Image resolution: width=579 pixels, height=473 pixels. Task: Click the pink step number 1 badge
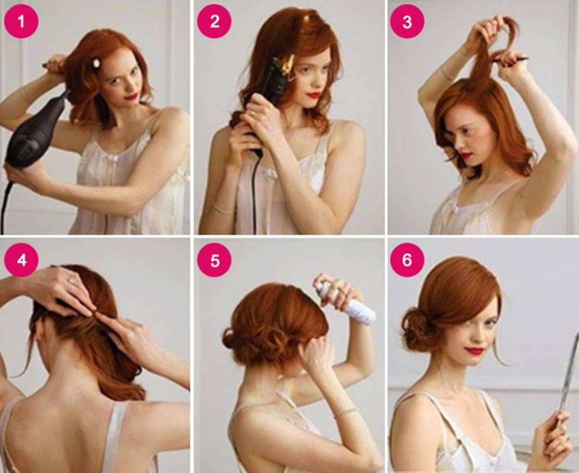pos(21,21)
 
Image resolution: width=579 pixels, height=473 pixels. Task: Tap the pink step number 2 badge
pos(215,21)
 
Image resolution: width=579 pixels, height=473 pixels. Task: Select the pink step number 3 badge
pos(407,21)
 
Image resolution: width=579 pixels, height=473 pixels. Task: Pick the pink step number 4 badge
pos(21,260)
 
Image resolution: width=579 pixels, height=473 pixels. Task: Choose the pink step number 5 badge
pos(215,260)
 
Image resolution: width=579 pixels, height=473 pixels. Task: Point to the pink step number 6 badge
pos(407,260)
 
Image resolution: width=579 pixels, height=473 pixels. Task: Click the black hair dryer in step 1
pos(35,132)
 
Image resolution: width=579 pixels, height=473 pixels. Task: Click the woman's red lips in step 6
pos(475,350)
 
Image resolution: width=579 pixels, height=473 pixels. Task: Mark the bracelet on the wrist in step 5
pos(345,413)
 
